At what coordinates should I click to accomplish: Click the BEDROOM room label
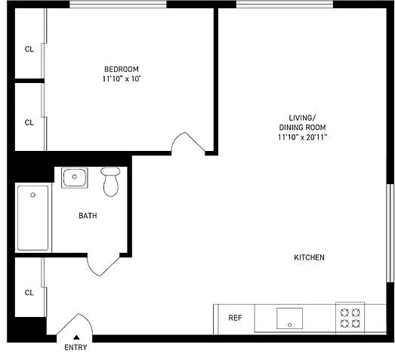click(122, 69)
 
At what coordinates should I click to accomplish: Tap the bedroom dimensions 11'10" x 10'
click(122, 78)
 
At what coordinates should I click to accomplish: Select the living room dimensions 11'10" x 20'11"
click(303, 137)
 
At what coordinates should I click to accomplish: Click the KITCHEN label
click(309, 257)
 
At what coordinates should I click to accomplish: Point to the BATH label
click(88, 216)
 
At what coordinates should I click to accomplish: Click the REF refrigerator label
click(235, 318)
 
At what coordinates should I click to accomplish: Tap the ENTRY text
click(76, 347)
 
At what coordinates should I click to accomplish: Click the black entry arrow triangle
click(76, 337)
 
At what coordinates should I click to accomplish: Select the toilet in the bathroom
click(110, 182)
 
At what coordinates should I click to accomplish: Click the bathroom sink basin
click(75, 177)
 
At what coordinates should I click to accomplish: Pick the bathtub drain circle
click(32, 195)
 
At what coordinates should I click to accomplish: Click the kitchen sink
click(289, 318)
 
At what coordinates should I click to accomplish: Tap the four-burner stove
click(350, 318)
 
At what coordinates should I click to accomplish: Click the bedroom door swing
click(187, 142)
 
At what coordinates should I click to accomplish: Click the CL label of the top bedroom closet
click(29, 49)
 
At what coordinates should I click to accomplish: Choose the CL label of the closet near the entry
click(29, 293)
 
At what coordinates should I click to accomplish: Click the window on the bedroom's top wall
click(118, 5)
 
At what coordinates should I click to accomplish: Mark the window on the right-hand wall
click(390, 233)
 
